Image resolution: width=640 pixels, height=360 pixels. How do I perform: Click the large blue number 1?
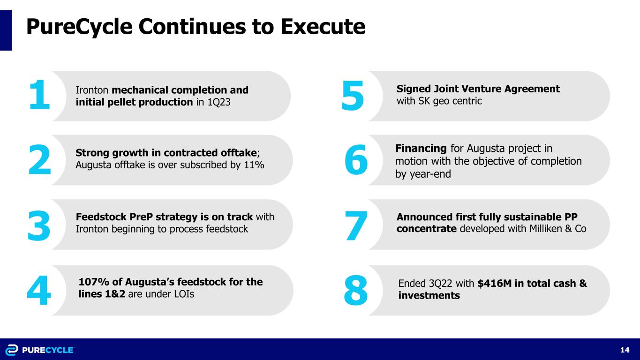[x=40, y=95]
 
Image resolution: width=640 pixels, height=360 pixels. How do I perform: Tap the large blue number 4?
[x=39, y=290]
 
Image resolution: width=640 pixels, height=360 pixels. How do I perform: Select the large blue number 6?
[x=356, y=159]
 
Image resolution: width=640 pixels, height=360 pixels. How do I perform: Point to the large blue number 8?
[x=356, y=290]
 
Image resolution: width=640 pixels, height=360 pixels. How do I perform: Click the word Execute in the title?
[x=323, y=27]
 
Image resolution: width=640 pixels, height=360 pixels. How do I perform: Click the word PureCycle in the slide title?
[x=79, y=27]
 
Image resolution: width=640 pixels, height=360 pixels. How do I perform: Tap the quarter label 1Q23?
[x=218, y=102]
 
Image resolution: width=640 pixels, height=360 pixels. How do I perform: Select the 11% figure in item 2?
[x=254, y=165]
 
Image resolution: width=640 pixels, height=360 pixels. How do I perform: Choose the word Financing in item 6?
[x=421, y=149]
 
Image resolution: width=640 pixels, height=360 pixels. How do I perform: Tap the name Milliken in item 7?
[x=546, y=229]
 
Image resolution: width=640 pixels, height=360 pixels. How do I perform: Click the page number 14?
[x=625, y=350]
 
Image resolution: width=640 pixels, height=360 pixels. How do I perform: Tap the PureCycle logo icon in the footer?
[x=12, y=350]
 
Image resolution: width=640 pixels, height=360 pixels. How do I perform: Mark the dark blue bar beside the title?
[x=6, y=30]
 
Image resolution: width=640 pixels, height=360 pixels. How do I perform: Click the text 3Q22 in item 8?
[x=441, y=284]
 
